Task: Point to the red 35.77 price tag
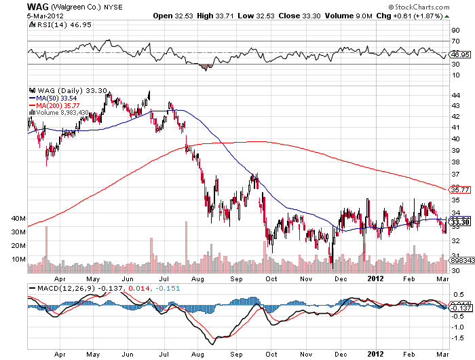pyautogui.click(x=459, y=190)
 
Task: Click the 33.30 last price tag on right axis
pyautogui.click(x=459, y=221)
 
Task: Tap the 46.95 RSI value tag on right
pyautogui.click(x=459, y=54)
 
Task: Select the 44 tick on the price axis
pyautogui.click(x=455, y=94)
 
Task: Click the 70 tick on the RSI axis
pyautogui.click(x=455, y=42)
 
